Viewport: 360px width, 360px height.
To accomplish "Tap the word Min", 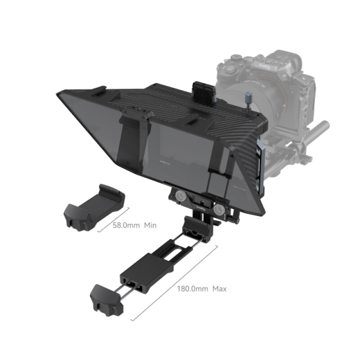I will click(x=150, y=225).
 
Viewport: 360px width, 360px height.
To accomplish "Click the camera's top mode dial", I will click(x=237, y=59).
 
